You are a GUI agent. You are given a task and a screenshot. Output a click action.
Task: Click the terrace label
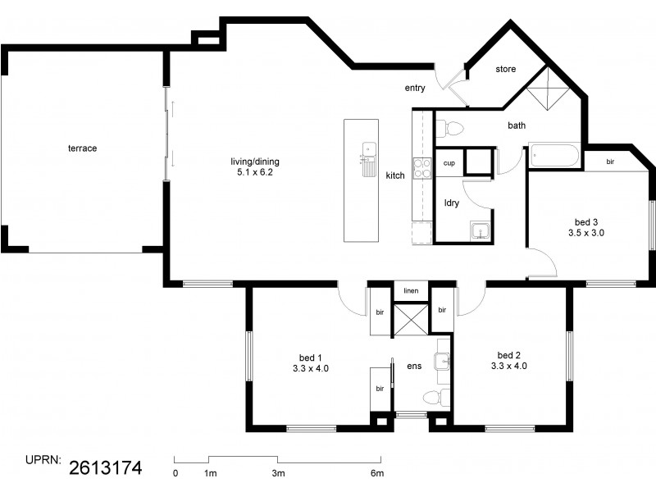point(82,148)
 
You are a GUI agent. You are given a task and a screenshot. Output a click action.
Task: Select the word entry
point(415,88)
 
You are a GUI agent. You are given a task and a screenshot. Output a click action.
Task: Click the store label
point(506,70)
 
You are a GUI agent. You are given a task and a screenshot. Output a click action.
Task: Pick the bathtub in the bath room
point(554,155)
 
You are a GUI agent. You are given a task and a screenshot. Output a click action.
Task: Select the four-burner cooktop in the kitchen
point(421,168)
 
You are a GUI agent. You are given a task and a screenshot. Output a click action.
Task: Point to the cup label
point(449,163)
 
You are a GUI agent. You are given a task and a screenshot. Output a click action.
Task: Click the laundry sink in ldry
point(480,230)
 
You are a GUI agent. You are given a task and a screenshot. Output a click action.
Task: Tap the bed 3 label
point(585,222)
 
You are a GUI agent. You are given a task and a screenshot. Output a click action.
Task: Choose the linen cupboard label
point(412,292)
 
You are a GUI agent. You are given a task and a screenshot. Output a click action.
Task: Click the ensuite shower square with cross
point(411,319)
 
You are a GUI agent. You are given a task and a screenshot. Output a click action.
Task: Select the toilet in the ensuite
point(432,399)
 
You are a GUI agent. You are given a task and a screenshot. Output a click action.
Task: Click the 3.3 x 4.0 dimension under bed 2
point(508,366)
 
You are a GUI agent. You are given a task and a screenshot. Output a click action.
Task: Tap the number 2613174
point(106,468)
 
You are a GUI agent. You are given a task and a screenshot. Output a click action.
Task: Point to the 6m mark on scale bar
point(376,473)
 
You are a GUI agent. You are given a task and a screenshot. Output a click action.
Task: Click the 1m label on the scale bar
point(210,473)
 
